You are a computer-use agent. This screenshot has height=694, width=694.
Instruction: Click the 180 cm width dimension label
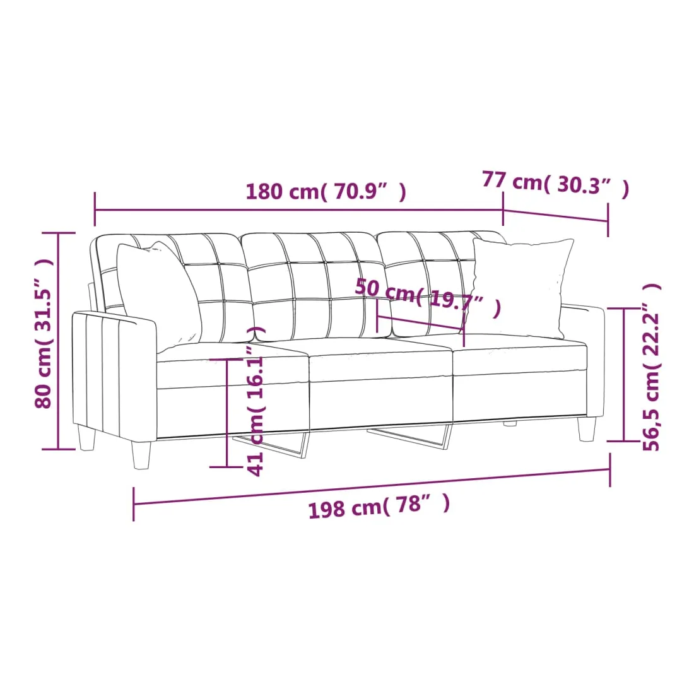tap(326, 192)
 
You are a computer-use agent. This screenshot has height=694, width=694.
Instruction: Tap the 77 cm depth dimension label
tap(555, 183)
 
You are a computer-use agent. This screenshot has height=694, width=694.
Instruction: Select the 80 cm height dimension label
tap(44, 333)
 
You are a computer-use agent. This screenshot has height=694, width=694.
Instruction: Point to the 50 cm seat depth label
tap(428, 297)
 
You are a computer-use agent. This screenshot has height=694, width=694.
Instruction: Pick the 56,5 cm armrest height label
tap(651, 367)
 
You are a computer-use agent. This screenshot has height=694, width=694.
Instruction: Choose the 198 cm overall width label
tap(379, 505)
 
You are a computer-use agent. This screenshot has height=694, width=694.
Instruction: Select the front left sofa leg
tap(141, 455)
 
